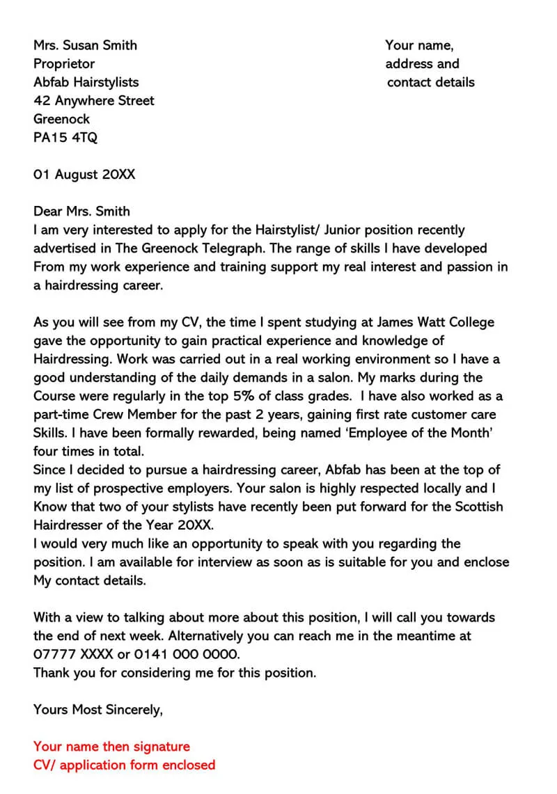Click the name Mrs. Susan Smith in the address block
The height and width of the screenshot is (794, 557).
pos(85,45)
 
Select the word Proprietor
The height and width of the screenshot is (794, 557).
pos(64,64)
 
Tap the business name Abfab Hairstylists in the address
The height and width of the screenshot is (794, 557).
pos(86,82)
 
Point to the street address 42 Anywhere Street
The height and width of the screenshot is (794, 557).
pos(94,101)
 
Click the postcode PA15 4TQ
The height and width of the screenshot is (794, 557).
pos(65,138)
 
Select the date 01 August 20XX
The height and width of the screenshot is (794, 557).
pos(84,175)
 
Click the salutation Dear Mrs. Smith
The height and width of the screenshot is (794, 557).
pos(81,212)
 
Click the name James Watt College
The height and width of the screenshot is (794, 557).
pos(435,322)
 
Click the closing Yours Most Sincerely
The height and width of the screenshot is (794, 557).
pos(98,710)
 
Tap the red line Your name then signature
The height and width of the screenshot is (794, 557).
pos(111,747)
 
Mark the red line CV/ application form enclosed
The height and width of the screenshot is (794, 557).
pos(124,765)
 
